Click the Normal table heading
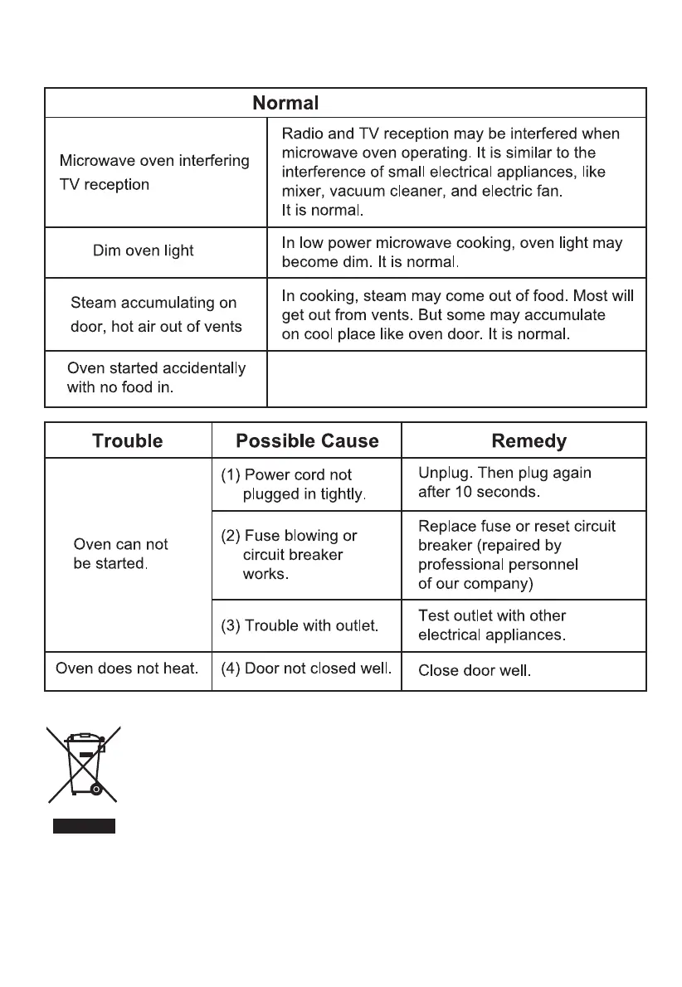[285, 104]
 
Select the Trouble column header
[128, 440]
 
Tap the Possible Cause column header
[307, 440]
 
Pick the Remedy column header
[529, 440]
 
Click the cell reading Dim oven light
[144, 250]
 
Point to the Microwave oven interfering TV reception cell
[154, 173]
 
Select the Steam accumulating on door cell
[156, 314]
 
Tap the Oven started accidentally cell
[156, 378]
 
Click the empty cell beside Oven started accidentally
[456, 378]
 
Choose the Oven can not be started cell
[121, 554]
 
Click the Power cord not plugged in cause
[295, 484]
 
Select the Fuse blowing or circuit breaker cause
[290, 555]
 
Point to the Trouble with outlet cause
[300, 625]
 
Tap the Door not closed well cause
[306, 669]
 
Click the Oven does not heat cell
[127, 669]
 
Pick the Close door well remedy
[475, 670]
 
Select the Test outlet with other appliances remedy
[492, 625]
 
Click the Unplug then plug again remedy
[504, 482]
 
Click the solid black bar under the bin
[84, 825]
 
